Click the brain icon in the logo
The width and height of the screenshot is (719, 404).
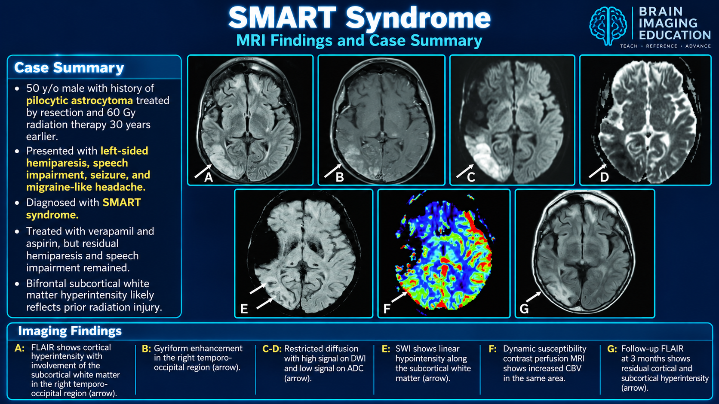point(608,26)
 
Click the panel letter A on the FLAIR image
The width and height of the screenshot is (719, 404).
point(209,177)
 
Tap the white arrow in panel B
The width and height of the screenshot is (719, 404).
point(332,171)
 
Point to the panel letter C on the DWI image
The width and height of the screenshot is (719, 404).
point(471,177)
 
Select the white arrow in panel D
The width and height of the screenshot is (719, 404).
point(597,171)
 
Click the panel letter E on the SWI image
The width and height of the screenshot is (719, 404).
point(244,309)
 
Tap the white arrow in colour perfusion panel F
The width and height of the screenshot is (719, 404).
point(399,296)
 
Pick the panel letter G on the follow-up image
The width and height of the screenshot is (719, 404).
point(524,309)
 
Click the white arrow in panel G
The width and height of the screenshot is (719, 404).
point(534,296)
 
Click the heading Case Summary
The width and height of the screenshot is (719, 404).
point(69,67)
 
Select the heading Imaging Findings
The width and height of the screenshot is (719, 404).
point(70,331)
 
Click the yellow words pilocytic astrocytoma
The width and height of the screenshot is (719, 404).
point(79,100)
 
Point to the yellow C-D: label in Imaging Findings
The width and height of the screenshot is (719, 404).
point(271,349)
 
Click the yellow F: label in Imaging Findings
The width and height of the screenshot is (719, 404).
point(492,349)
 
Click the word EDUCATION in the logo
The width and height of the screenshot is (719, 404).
point(675,35)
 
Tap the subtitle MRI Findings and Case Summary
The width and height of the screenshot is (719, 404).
point(359,40)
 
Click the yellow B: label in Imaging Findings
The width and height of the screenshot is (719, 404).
point(146,349)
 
